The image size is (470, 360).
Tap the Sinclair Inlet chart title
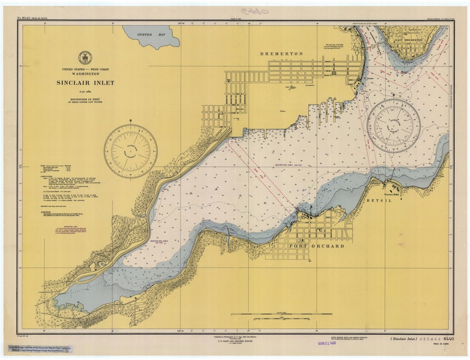coord(85,83)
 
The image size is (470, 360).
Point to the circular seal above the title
coord(85,57)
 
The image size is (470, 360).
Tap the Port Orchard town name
coord(317,246)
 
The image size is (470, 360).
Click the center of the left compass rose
coord(131,151)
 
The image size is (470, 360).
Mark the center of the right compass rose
coord(393,125)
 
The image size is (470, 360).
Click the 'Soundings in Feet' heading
coord(85,99)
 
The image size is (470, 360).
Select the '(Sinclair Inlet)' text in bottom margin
coord(405,339)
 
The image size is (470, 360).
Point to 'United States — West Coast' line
coord(85,70)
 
